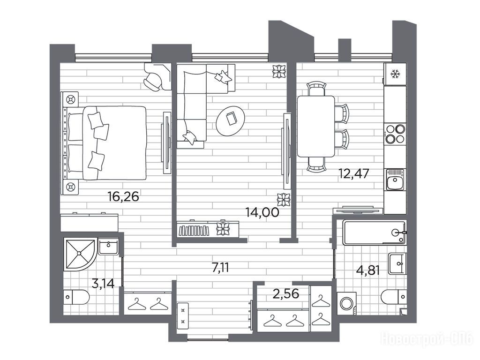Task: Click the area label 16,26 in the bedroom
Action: (123, 196)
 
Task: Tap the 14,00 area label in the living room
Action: (262, 212)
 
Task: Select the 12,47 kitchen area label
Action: (353, 173)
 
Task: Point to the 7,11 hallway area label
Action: (220, 268)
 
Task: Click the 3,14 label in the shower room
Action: (103, 284)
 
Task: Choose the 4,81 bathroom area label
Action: (368, 270)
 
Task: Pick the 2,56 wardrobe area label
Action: (286, 293)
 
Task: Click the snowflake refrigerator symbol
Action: (395, 74)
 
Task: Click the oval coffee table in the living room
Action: (231, 120)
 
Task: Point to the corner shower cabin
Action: (80, 254)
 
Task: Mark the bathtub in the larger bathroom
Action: (375, 232)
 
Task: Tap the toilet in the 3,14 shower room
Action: (76, 297)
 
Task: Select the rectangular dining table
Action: (316, 126)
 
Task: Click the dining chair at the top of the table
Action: (316, 89)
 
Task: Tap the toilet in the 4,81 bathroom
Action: (394, 296)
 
